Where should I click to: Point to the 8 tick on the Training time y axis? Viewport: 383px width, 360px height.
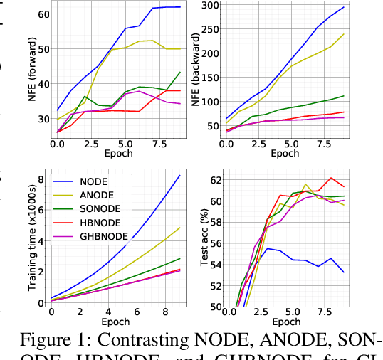click(42, 179)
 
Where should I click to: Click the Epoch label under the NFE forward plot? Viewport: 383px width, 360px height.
click(118, 153)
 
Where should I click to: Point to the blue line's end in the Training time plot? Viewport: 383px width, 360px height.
click(179, 176)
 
